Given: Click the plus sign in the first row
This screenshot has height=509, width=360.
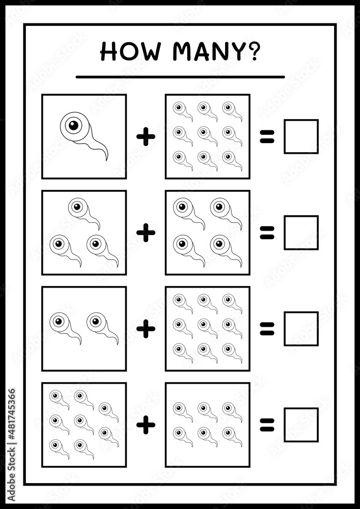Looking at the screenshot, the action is point(146,137).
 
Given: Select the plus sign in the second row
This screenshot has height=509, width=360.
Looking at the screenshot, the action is point(146,233).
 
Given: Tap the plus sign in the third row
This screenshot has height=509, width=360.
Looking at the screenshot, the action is point(146,329).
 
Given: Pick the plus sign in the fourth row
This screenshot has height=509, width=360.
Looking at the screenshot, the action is point(146,425).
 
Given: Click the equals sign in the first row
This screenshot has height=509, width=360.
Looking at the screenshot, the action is point(267,136).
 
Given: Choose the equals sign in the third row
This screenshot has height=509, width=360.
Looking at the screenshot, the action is point(267,329).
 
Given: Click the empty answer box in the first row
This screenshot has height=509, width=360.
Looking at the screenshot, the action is point(301,136).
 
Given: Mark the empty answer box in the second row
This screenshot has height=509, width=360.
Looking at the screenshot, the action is point(301,233).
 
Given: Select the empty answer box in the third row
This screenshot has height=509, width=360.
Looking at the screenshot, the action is point(301,329).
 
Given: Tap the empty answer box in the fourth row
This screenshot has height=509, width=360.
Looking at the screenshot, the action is point(301,425).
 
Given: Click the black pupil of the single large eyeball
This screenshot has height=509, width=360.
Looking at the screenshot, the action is point(74,126).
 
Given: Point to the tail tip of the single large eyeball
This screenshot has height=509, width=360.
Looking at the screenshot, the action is point(106,160).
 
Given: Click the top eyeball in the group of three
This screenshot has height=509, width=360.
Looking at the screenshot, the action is point(84,213).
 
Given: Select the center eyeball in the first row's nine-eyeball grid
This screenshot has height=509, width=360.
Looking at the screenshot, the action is point(207,136).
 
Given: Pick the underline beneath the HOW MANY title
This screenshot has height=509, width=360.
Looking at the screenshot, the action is point(180,77).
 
